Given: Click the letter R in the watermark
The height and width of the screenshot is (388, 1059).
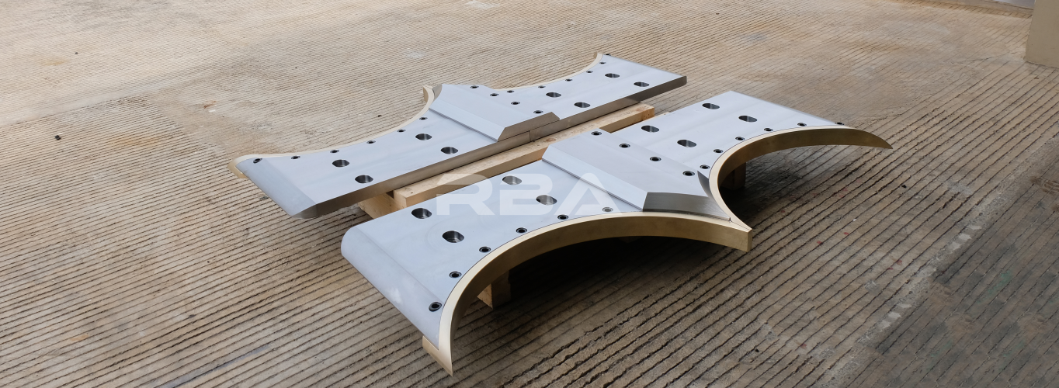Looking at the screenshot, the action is point(461,194).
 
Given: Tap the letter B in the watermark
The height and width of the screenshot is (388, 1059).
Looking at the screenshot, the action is point(519,194).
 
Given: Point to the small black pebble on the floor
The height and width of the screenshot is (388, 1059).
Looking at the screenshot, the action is point(57,137).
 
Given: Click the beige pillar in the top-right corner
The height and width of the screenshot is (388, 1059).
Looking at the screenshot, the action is point(1043,31).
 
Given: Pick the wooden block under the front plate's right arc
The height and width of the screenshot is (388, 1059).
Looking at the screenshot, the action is point(732,176).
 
